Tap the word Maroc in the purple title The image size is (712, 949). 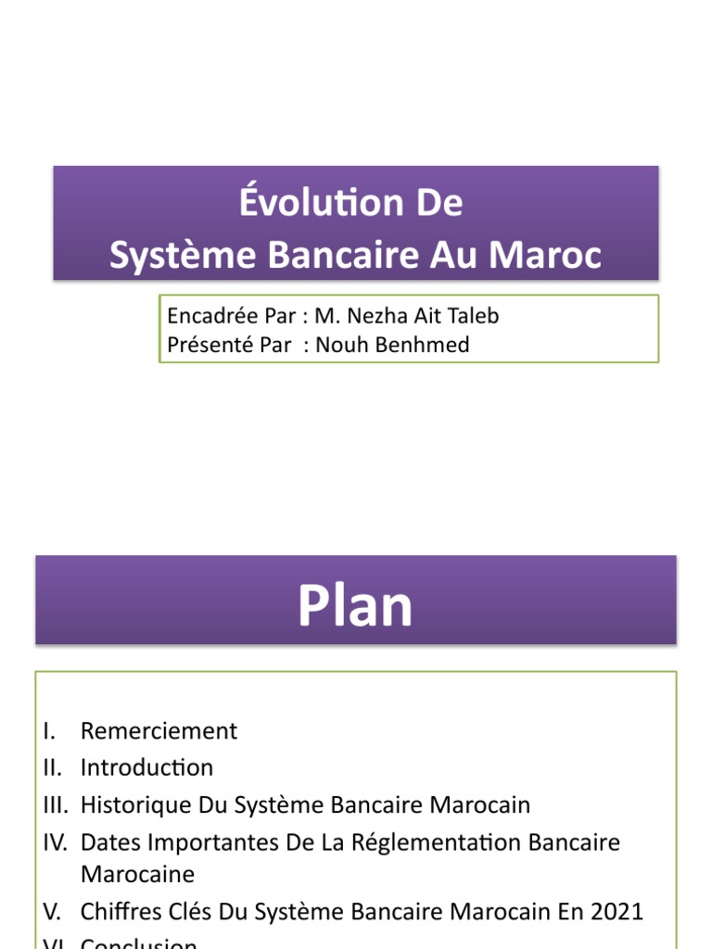pos(553,256)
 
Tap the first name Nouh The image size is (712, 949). pos(338,345)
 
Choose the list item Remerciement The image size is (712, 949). pos(159,731)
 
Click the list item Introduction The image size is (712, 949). pos(146,767)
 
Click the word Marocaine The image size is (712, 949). pos(138,874)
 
